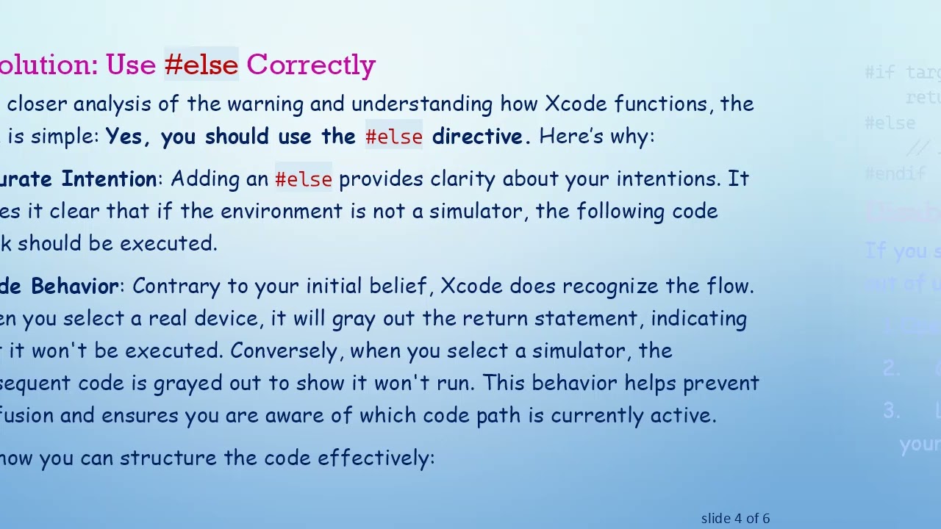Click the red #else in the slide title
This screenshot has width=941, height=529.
tap(201, 65)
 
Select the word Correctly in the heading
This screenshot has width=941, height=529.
tap(311, 65)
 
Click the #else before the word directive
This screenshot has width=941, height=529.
tap(394, 137)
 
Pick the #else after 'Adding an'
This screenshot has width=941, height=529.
tap(304, 179)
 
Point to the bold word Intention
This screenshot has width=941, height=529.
tap(109, 179)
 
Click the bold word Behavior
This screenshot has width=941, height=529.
tap(74, 287)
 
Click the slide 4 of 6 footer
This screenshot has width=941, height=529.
tap(735, 519)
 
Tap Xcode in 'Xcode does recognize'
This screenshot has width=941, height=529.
tap(471, 287)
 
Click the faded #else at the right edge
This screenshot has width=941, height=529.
tap(890, 123)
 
